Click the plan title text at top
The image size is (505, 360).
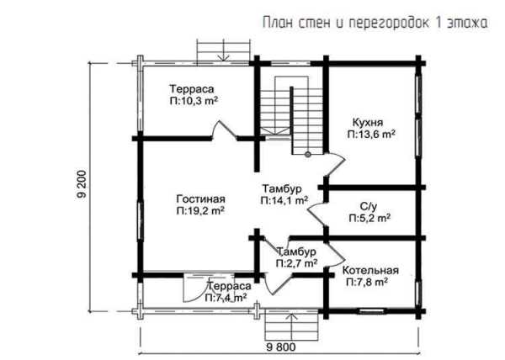click(375, 24)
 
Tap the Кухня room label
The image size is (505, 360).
click(368, 123)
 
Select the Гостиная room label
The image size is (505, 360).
click(200, 199)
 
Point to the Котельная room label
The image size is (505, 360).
click(370, 270)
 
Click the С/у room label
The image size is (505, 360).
click(369, 206)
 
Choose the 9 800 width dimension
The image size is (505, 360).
click(281, 347)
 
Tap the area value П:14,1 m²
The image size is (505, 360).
click(284, 200)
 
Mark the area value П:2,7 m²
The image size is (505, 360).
click(296, 263)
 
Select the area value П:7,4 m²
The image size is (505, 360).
click(226, 298)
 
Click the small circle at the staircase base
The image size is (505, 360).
click(308, 155)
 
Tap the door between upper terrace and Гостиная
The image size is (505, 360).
click(225, 130)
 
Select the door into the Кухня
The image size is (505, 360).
click(335, 164)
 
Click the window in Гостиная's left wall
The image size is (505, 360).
click(140, 220)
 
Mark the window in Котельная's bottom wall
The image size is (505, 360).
click(371, 311)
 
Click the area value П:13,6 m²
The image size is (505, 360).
click(371, 135)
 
